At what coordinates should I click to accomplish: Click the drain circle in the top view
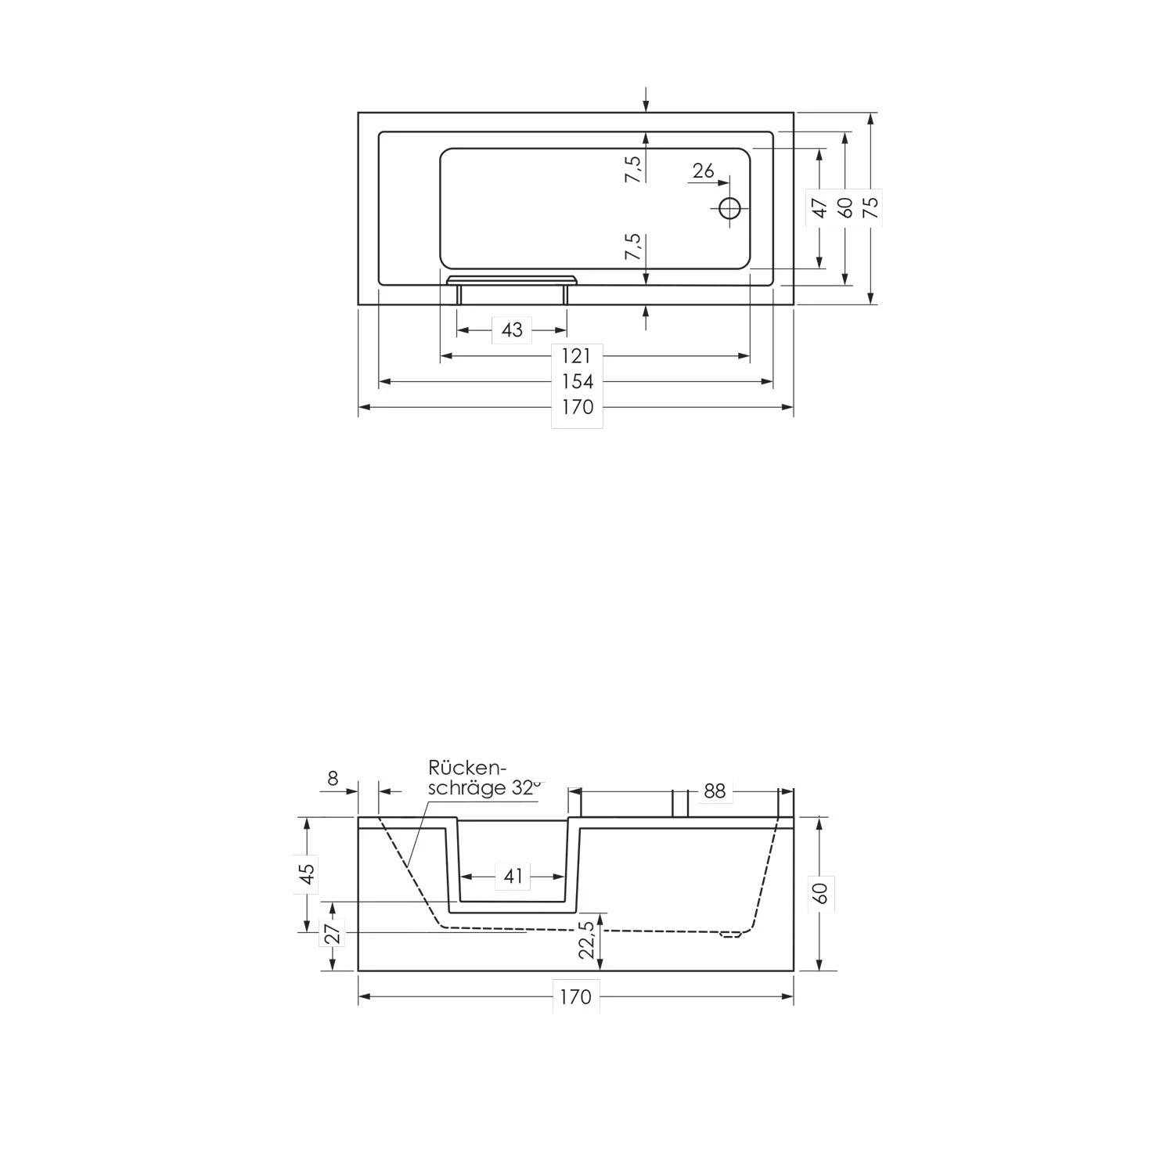[729, 208]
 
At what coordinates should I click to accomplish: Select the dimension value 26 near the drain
[704, 171]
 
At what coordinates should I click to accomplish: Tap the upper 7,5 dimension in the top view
[633, 169]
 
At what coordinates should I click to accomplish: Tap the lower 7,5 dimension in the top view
[633, 247]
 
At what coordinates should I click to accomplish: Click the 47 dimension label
[819, 208]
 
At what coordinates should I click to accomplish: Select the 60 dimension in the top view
[844, 207]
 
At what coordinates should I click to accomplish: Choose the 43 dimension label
[512, 330]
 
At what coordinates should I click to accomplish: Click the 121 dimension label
[576, 356]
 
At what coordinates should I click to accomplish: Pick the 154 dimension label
[577, 382]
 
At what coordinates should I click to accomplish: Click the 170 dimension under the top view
[577, 408]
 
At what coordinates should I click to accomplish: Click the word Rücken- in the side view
[466, 768]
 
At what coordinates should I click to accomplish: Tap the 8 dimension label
[333, 779]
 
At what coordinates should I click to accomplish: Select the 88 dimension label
[715, 791]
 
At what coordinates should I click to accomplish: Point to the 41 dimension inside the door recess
[513, 877]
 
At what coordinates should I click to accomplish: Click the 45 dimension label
[308, 873]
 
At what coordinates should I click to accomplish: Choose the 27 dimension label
[333, 933]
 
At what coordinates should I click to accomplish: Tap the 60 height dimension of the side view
[820, 893]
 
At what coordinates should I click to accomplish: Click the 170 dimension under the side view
[575, 997]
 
